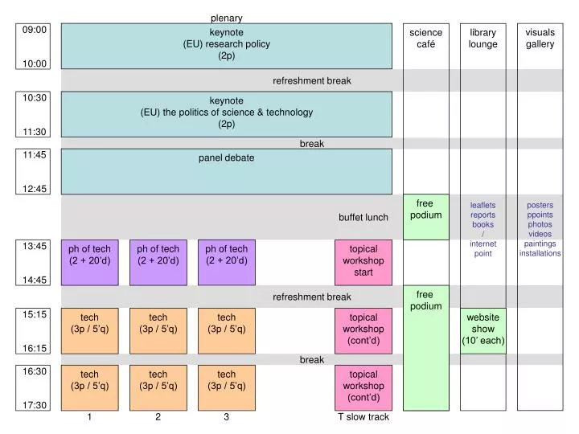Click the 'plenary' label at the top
coord(226,18)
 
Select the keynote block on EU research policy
coord(226,45)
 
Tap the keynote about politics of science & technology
coord(226,113)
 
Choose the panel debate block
coord(226,170)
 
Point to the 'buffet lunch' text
coord(363,217)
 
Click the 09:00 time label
coord(35,30)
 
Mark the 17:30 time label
coord(35,405)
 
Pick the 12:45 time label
coord(35,189)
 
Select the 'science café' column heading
coord(425,38)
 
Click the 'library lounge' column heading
coord(482,38)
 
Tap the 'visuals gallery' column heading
coord(540,38)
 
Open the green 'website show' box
coord(482,329)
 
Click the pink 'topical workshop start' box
coord(363,261)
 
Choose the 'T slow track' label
coord(363,417)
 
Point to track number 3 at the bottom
coord(227,417)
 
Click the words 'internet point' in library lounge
coord(482,248)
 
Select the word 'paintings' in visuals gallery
coord(540,244)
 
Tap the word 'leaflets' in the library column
coord(482,205)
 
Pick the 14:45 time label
coord(35,280)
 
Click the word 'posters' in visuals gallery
coord(540,205)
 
